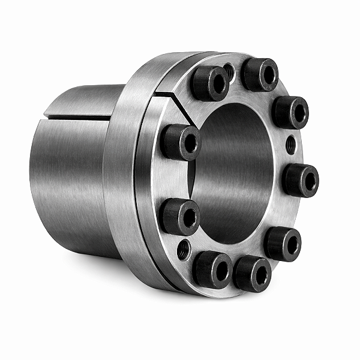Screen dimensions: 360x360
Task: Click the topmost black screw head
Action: coord(260,74)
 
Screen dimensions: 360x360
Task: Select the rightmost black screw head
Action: coord(299,180)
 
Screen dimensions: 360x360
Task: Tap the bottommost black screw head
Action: coord(253,275)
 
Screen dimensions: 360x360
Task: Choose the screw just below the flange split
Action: coord(180,143)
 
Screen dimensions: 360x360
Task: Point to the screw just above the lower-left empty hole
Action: coord(180,217)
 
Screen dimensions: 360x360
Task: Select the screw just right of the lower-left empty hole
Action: coord(211,268)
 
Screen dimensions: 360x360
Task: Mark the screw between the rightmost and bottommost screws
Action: coord(282,244)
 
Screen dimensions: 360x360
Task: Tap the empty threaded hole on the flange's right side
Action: coord(291,144)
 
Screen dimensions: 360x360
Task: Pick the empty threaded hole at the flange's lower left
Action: coord(185,248)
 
